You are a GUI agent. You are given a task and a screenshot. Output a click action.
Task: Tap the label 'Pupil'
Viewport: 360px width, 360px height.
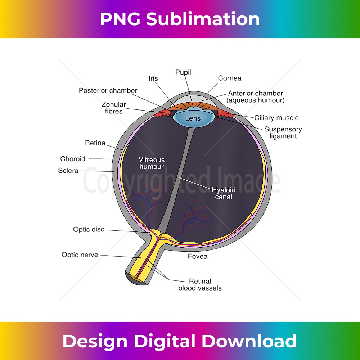[183, 72]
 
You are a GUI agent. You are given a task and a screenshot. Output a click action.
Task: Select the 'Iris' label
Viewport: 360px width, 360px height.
[153, 78]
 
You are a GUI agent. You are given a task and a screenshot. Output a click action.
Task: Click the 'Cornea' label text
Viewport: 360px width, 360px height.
[230, 78]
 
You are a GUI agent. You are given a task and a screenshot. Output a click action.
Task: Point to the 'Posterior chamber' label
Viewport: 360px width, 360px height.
[108, 90]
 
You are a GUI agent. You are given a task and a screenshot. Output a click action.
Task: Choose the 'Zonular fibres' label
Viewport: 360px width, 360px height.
[114, 108]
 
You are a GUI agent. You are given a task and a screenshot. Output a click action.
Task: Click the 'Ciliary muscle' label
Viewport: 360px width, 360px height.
[276, 118]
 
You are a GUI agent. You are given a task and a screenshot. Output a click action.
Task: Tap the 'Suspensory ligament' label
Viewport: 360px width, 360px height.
[283, 132]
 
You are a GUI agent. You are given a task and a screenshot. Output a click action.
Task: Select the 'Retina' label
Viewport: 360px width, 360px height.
[95, 143]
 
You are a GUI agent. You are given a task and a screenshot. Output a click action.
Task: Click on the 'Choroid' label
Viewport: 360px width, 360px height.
[73, 159]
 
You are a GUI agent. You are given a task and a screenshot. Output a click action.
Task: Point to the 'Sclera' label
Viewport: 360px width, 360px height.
[68, 171]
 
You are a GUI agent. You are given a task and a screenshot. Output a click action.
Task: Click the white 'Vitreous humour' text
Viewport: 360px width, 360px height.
[152, 163]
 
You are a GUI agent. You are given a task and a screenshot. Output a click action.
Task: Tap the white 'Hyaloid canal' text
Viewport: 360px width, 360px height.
[224, 193]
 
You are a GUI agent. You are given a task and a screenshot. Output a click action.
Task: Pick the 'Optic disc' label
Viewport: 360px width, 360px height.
[89, 229]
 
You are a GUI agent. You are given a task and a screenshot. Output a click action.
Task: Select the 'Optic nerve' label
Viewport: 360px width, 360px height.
[80, 255]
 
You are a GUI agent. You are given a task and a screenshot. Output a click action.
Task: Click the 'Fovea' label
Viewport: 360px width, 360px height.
[198, 257]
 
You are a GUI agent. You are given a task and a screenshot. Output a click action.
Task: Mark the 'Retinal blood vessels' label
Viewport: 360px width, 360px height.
[200, 284]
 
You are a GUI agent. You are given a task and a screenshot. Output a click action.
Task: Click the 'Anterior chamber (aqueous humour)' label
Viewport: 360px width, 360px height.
[255, 97]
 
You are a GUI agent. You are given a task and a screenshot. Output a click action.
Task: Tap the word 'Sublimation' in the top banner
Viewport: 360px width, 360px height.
[203, 19]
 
